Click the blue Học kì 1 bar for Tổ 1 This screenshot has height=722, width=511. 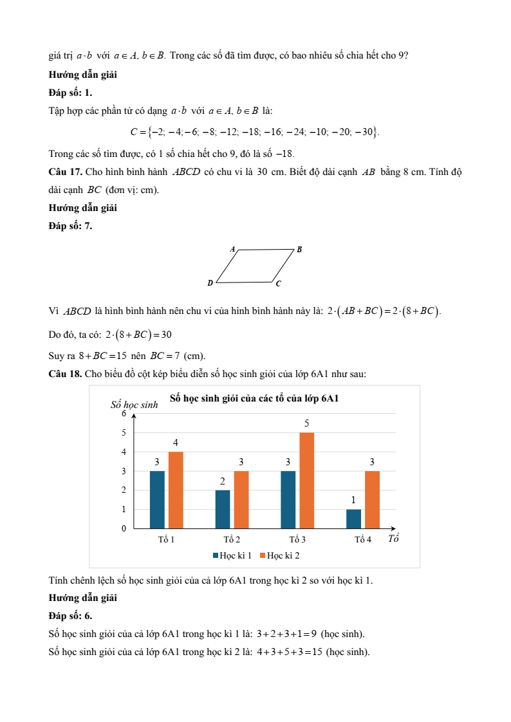[157, 499]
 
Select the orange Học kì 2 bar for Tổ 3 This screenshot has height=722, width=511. [306, 480]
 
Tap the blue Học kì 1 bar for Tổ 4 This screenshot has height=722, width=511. [353, 519]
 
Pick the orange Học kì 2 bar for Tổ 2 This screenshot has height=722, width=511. [241, 499]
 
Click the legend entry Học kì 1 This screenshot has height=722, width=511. [232, 555]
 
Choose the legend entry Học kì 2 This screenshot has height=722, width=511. [279, 555]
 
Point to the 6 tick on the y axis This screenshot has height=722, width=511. [124, 414]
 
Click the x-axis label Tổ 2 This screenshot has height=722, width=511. [232, 539]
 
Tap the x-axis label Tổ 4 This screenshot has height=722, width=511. [363, 539]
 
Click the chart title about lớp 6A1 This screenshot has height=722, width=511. [254, 398]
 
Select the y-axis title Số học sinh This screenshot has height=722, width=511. [134, 405]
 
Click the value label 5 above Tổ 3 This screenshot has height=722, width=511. [306, 423]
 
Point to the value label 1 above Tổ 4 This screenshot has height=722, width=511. [353, 500]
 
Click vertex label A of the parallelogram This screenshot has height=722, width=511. [232, 248]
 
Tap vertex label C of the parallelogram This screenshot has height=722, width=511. [278, 283]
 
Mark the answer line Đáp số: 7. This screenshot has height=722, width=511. [70, 225]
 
